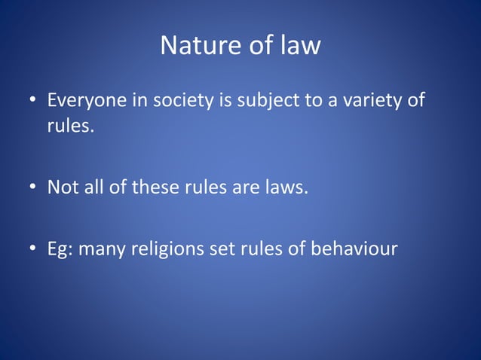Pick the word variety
pos(370,100)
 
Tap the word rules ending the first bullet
pos(70,125)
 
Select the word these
pos(155,186)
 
